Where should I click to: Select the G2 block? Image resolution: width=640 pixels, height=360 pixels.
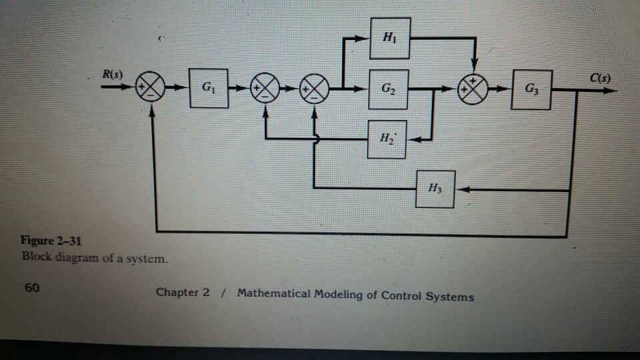(387, 87)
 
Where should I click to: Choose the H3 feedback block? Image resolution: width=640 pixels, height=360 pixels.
(435, 188)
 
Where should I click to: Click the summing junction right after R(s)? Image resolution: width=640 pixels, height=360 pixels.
(149, 87)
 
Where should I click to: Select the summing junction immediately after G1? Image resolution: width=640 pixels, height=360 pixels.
(263, 87)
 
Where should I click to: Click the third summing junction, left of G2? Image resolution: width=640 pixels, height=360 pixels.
(313, 87)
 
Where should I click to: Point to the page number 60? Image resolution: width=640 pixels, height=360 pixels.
(32, 288)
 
